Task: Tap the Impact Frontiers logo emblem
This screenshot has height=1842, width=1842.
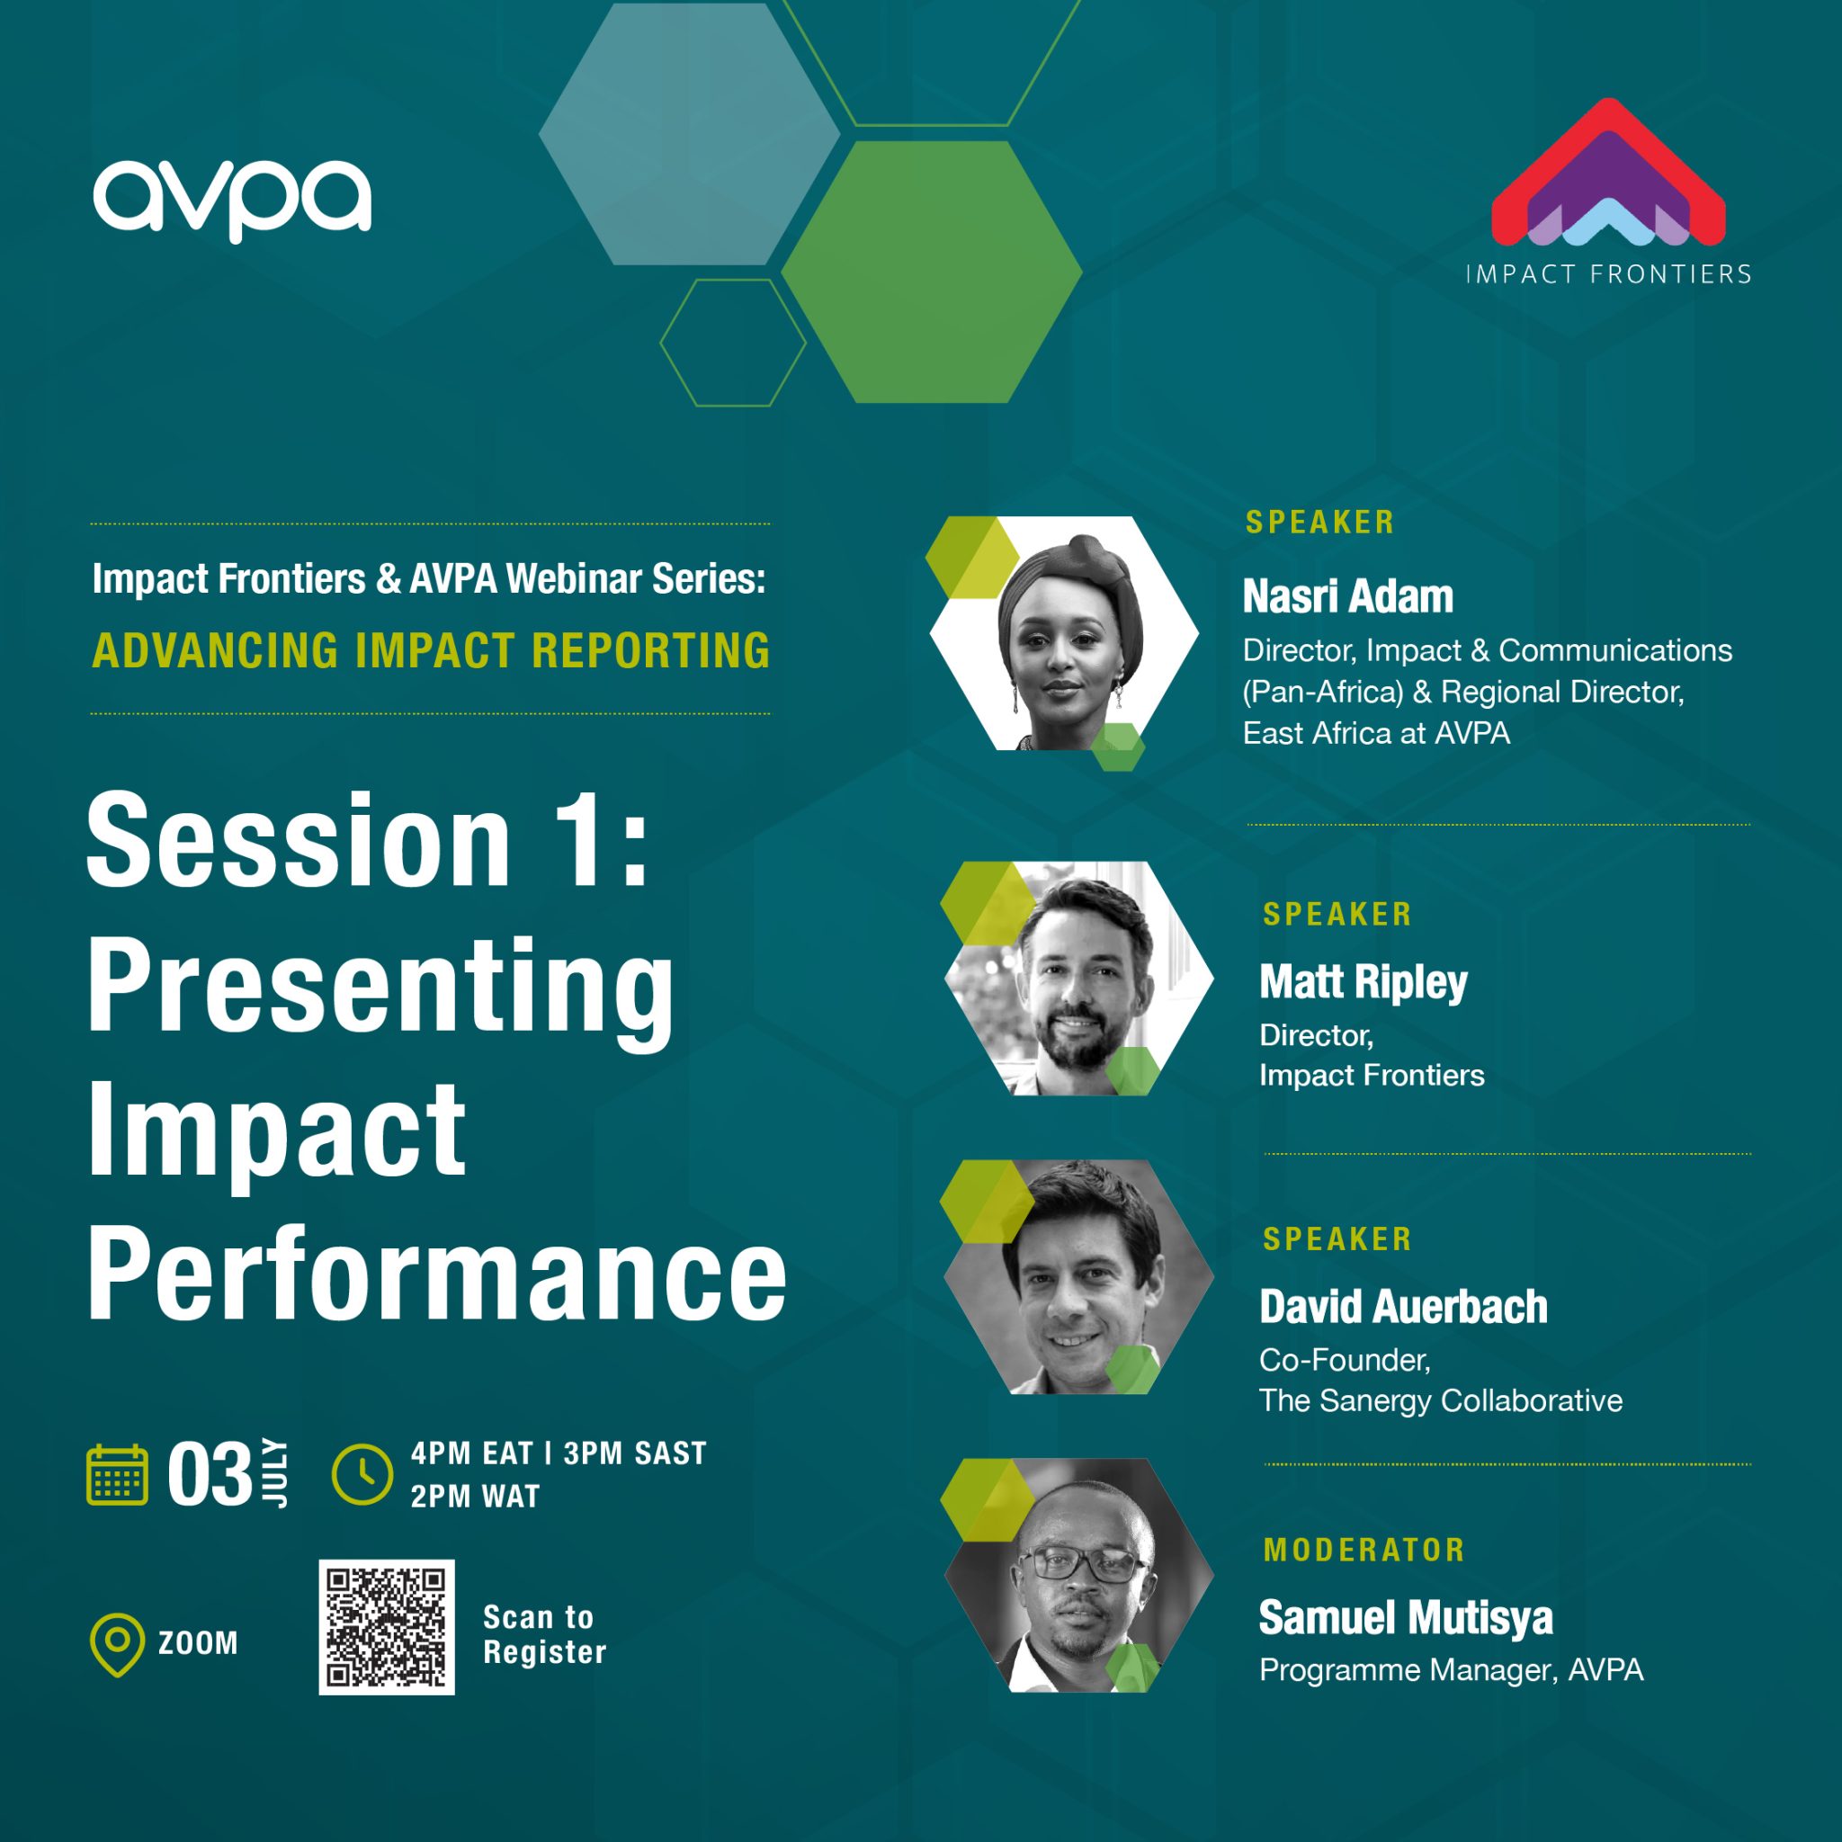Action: (1607, 172)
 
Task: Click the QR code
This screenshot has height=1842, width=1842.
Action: (386, 1627)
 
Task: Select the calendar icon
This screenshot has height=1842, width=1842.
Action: (117, 1475)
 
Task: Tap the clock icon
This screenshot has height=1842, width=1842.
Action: (362, 1474)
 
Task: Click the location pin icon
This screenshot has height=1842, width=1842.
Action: (116, 1644)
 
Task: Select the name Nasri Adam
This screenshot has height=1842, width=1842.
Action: (1347, 597)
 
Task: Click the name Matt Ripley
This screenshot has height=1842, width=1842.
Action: (1363, 981)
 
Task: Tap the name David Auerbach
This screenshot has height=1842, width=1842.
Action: (1402, 1306)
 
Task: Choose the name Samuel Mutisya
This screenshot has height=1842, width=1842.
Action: (1406, 1618)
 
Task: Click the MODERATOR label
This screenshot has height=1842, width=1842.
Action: (1364, 1551)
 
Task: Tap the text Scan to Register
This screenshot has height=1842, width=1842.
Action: (543, 1634)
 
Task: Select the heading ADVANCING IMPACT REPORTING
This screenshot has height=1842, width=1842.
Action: (431, 650)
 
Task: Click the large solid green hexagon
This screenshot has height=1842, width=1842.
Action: (931, 272)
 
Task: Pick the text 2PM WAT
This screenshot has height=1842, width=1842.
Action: (475, 1497)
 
